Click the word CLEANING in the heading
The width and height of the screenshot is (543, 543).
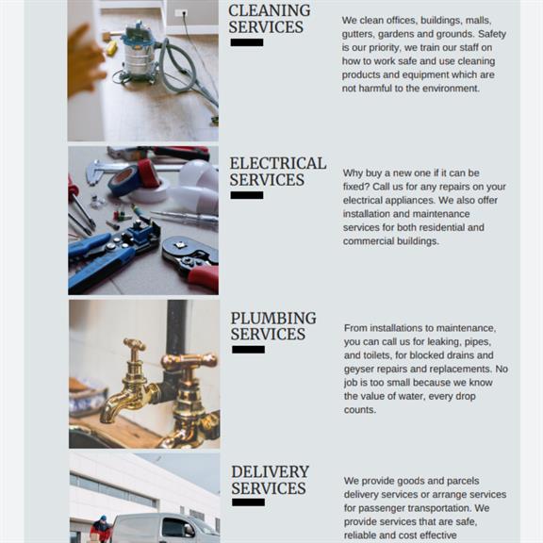pyautogui.click(x=269, y=10)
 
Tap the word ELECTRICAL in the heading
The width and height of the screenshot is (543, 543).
pyautogui.click(x=278, y=163)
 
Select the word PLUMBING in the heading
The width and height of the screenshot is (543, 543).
pyautogui.click(x=273, y=319)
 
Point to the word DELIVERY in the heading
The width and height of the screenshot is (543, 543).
pyautogui.click(x=271, y=471)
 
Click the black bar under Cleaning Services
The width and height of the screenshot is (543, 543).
pyautogui.click(x=247, y=42)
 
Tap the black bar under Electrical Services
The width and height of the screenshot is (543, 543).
pyautogui.click(x=247, y=195)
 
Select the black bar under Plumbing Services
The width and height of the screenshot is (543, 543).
pyautogui.click(x=248, y=350)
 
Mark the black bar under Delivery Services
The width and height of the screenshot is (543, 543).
pyautogui.click(x=248, y=502)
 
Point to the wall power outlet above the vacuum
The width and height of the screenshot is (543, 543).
pyautogui.click(x=181, y=13)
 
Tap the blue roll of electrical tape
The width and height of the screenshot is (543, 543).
pyautogui.click(x=123, y=179)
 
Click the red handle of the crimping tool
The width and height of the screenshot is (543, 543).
pyautogui.click(x=204, y=277)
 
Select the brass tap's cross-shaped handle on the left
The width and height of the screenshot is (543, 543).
pyautogui.click(x=135, y=345)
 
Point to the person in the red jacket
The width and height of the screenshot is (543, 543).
pyautogui.click(x=101, y=530)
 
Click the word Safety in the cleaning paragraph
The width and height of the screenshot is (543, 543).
pyautogui.click(x=492, y=34)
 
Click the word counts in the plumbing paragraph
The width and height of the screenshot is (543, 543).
pyautogui.click(x=360, y=410)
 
